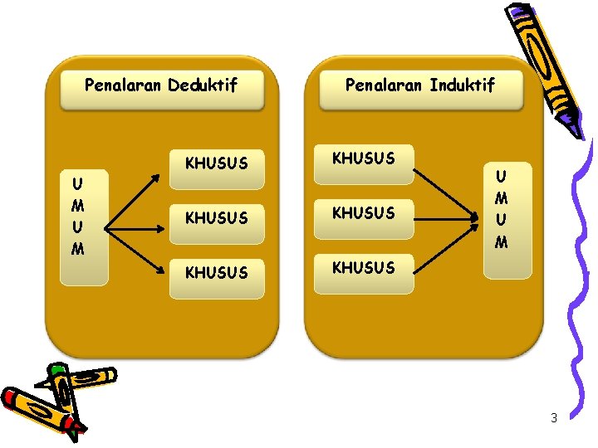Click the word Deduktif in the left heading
pos(202,85)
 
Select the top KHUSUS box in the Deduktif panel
pos(216,163)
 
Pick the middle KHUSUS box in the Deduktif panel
pos(216,218)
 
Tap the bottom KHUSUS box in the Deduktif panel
pos(216,272)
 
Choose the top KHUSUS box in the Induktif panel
pos(364,158)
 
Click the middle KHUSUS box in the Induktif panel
pos(364,213)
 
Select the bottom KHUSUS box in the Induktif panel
pos(364,268)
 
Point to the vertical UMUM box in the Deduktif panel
pos(77,216)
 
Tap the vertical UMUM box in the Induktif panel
pos(501,209)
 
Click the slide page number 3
pos(554,418)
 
